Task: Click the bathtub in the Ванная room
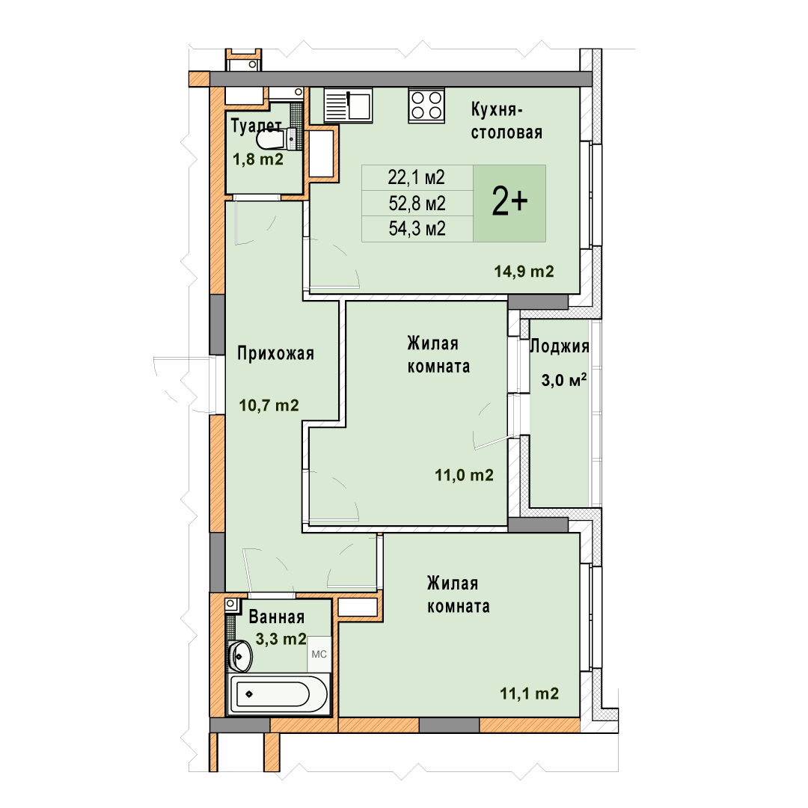[279, 694]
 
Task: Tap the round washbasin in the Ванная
[240, 656]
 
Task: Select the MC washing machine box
[319, 655]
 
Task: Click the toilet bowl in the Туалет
[271, 138]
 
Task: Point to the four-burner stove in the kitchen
[426, 105]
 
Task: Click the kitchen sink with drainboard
[348, 105]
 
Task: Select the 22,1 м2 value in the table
[416, 178]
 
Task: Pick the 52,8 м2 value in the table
[417, 203]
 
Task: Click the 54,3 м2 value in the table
[417, 228]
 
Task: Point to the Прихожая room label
[275, 354]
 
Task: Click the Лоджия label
[560, 346]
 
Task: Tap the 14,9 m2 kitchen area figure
[524, 271]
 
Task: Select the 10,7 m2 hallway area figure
[269, 405]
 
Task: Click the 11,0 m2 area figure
[464, 475]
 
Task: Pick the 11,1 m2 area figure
[529, 694]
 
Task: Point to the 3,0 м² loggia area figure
[564, 380]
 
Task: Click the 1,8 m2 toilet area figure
[258, 159]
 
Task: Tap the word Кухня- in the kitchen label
[497, 110]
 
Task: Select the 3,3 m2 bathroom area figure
[281, 639]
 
